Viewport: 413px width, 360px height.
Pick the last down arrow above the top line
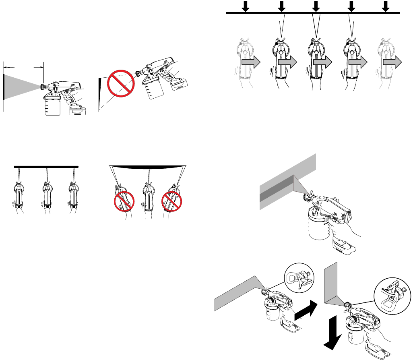point(386,6)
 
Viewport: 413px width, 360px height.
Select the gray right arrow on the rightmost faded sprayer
point(392,63)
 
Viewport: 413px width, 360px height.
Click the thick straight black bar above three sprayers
point(46,166)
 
